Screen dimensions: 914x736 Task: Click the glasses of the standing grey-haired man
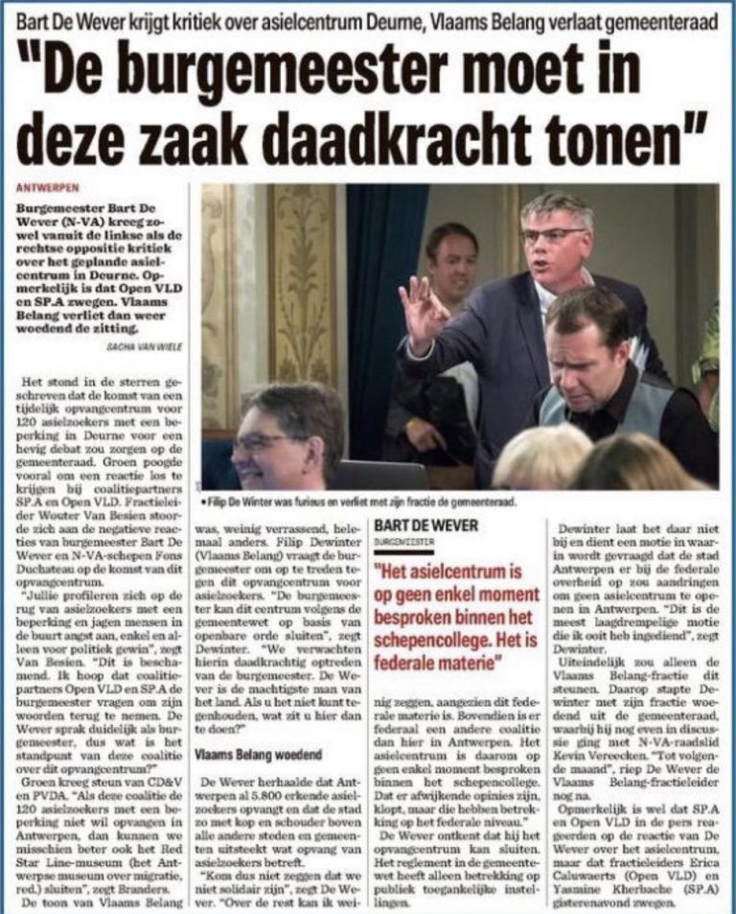(553, 233)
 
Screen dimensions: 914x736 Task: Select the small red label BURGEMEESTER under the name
(403, 541)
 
